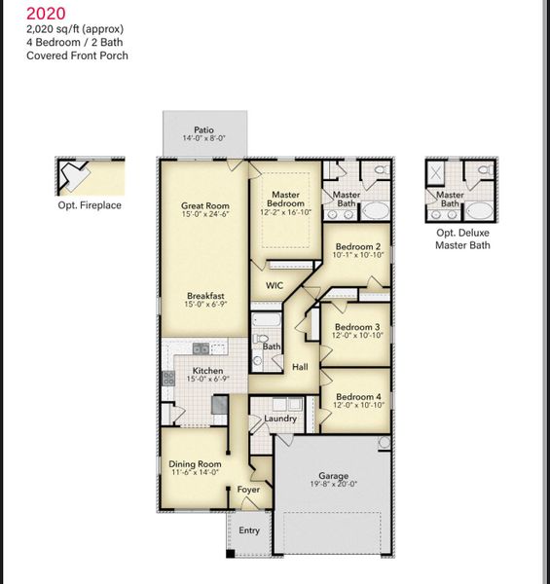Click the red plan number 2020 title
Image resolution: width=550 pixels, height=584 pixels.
pyautogui.click(x=46, y=14)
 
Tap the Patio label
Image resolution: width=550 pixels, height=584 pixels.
pyautogui.click(x=203, y=129)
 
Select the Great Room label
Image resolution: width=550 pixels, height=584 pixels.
pyautogui.click(x=204, y=205)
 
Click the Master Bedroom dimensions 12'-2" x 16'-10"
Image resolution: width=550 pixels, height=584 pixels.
pyautogui.click(x=285, y=212)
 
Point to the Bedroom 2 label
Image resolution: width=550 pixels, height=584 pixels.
pyautogui.click(x=357, y=247)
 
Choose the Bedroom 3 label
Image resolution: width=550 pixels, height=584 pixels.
pyautogui.click(x=357, y=327)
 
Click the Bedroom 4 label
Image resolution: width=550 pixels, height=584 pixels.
pyautogui.click(x=357, y=397)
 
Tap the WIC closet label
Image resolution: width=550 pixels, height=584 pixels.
pyautogui.click(x=275, y=286)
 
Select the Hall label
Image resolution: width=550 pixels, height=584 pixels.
pyautogui.click(x=301, y=367)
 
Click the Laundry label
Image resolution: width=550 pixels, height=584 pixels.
pyautogui.click(x=280, y=419)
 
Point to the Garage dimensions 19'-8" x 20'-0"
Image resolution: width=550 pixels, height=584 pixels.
pyautogui.click(x=333, y=484)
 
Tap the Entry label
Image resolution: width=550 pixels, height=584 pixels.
pyautogui.click(x=249, y=530)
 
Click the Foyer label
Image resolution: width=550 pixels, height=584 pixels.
pyautogui.click(x=248, y=490)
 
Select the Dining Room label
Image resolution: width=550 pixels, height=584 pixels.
pyautogui.click(x=195, y=464)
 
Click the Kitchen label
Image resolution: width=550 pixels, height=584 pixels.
pyautogui.click(x=207, y=371)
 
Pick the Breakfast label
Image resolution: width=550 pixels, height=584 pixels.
pyautogui.click(x=206, y=296)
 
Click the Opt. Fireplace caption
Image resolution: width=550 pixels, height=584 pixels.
pyautogui.click(x=90, y=205)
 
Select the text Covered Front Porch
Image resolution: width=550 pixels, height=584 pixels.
pyautogui.click(x=77, y=55)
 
